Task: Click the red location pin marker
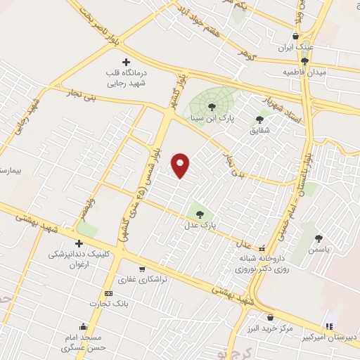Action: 181,165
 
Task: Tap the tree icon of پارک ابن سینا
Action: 212,107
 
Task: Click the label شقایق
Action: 259,130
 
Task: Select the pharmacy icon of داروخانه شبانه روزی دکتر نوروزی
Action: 262,248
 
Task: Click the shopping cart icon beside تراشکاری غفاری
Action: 143,269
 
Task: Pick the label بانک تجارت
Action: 106,304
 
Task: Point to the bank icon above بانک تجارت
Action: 108,293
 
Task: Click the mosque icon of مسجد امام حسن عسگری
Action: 84,326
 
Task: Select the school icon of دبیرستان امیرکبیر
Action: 328,326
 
